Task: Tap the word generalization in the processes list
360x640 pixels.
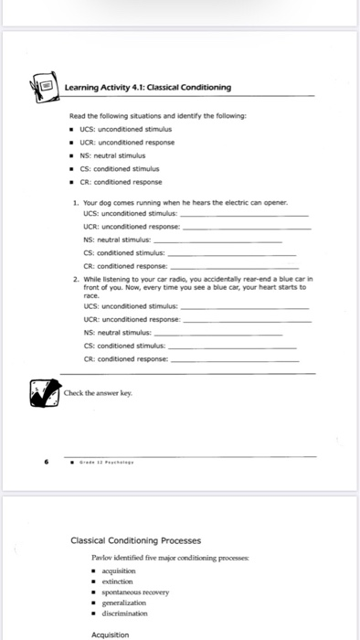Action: (x=129, y=604)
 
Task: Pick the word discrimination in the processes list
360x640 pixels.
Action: (x=131, y=615)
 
